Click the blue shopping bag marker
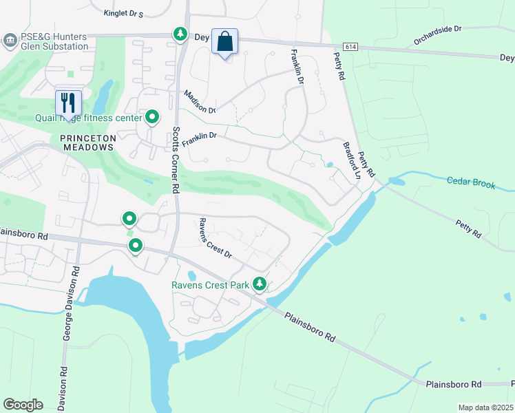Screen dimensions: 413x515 click(224, 41)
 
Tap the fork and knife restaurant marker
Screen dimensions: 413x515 click(68, 103)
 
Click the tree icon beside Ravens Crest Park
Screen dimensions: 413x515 click(260, 283)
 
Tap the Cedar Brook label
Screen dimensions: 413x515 click(471, 184)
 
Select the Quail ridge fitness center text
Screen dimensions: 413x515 click(88, 118)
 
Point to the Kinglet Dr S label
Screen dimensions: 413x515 click(123, 13)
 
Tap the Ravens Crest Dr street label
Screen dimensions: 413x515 click(216, 237)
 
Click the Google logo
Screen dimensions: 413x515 click(23, 405)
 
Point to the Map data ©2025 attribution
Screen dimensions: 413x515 click(485, 407)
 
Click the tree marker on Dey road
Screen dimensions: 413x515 click(180, 34)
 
